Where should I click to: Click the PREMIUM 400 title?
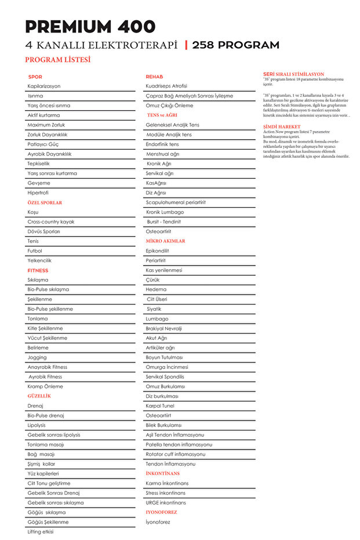coord(90,27)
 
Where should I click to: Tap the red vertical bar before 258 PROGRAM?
coord(186,45)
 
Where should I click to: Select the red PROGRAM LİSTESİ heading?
coord(57,60)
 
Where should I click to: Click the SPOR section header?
coord(35,77)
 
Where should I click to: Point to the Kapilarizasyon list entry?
coord(44,86)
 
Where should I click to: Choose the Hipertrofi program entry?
coord(38,193)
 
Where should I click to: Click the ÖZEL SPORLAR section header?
coord(45,202)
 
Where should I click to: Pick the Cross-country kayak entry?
coord(51,222)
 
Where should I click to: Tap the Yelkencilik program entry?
coord(39,260)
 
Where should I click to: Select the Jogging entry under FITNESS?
coord(37,357)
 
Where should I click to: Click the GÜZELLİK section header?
coord(39,396)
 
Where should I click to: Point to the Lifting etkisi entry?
coord(41,531)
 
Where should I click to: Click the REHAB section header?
coord(154,77)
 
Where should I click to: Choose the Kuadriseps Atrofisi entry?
coord(166,86)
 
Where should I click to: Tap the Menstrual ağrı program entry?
coord(163,154)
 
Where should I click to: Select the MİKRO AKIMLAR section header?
coord(165,241)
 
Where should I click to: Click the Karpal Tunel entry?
coord(160,405)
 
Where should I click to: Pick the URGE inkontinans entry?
coord(166,502)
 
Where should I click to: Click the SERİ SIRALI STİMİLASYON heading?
coord(293,74)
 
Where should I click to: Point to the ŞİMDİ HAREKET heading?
coord(282,126)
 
